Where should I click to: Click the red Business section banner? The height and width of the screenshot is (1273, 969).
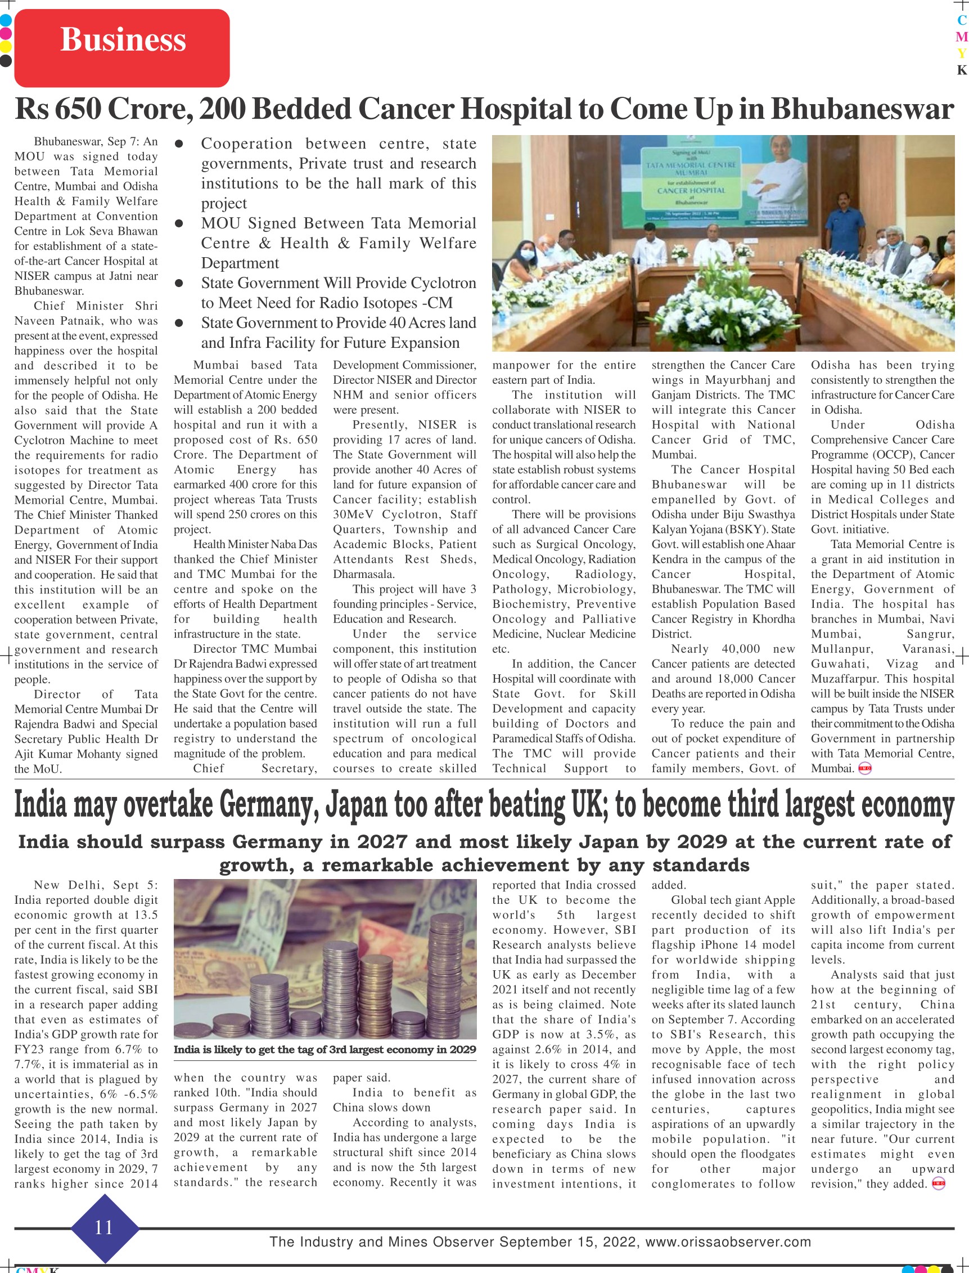(121, 47)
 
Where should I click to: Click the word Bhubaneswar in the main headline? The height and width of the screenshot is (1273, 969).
(862, 109)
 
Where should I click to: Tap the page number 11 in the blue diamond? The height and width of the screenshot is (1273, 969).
(104, 1227)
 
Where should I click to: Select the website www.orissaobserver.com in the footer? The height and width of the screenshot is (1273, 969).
(728, 1242)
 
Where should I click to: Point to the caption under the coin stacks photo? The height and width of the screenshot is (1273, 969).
(324, 1050)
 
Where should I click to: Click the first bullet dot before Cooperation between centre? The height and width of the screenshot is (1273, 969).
(179, 144)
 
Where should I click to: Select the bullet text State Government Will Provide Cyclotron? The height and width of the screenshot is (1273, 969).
(338, 283)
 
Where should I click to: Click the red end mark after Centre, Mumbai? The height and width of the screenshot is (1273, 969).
(864, 768)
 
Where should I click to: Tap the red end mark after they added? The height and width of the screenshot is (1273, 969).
(939, 1185)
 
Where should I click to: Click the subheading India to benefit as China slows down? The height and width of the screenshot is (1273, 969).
(404, 1100)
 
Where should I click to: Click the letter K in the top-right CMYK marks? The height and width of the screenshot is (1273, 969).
(961, 70)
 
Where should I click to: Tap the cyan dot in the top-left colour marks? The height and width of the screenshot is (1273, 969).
(5, 20)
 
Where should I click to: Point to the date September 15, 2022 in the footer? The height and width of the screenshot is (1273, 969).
(569, 1242)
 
